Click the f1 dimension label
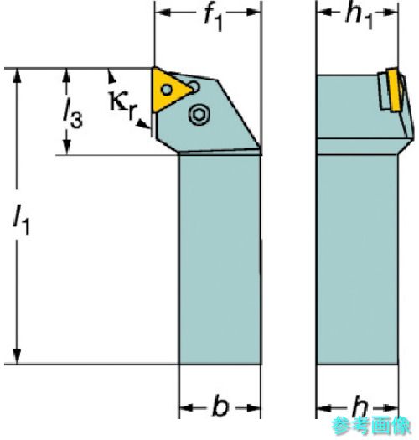point(214,18)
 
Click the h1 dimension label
point(359,16)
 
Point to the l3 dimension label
point(72,115)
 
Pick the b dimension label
point(220,406)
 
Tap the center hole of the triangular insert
point(167,90)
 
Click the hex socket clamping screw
point(199,114)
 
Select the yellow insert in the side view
point(394,90)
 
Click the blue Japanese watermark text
point(371,425)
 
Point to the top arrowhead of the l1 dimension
point(18,75)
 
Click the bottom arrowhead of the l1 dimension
point(18,356)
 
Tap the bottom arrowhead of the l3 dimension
point(66,147)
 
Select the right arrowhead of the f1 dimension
point(254,12)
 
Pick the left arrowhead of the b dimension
point(187,407)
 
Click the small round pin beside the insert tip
point(194,86)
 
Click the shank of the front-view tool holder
point(220,260)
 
